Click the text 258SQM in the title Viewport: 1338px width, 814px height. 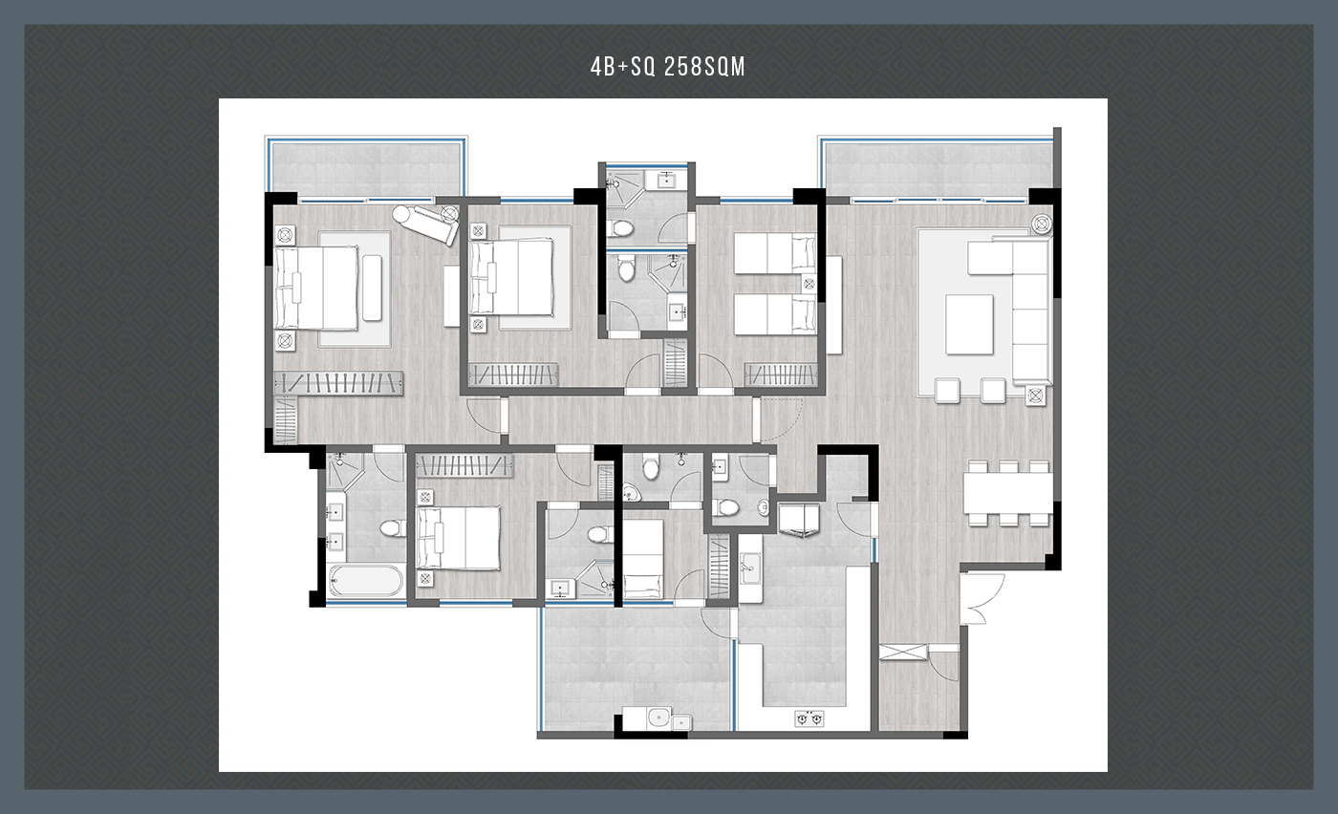[x=705, y=66]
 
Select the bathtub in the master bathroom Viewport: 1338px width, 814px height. [x=365, y=581]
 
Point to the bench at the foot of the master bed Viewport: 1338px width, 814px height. [x=372, y=288]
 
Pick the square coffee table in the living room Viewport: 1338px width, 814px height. [x=969, y=324]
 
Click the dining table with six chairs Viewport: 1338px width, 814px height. [x=1008, y=493]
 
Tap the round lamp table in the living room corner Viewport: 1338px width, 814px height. [x=1042, y=224]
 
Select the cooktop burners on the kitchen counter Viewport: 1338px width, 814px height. [x=809, y=718]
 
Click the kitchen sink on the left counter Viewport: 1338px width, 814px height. [x=750, y=568]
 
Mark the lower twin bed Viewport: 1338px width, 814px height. [x=775, y=314]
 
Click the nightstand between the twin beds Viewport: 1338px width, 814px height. [x=809, y=285]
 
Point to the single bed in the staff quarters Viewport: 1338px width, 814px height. [x=643, y=558]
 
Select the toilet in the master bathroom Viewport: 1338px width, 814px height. [x=393, y=528]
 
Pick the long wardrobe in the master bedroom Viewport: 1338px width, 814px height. [x=338, y=383]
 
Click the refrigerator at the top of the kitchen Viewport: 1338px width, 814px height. [x=799, y=520]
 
